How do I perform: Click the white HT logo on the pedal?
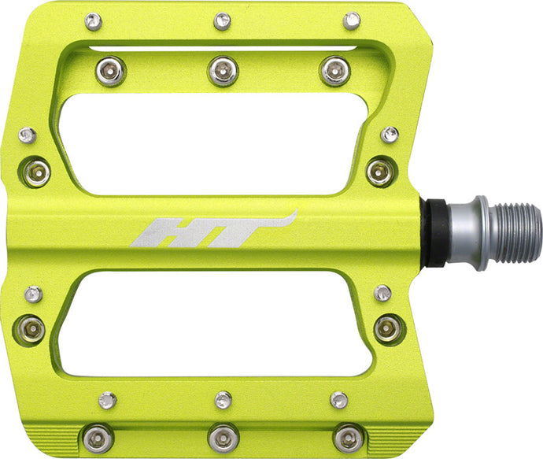click(x=212, y=231)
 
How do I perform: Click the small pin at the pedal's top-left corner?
click(x=93, y=20)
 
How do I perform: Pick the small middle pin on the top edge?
click(x=222, y=20)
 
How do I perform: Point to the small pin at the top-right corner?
click(x=352, y=20)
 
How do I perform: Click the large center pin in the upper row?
click(x=223, y=70)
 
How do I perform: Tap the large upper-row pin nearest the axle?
click(x=334, y=70)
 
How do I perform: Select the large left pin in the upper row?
click(x=110, y=71)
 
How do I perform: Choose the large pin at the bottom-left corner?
click(x=98, y=436)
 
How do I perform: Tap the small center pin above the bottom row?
click(x=223, y=399)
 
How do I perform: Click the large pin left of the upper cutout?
click(x=36, y=171)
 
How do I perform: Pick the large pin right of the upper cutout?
click(x=380, y=170)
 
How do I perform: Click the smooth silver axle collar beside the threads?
click(x=464, y=232)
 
